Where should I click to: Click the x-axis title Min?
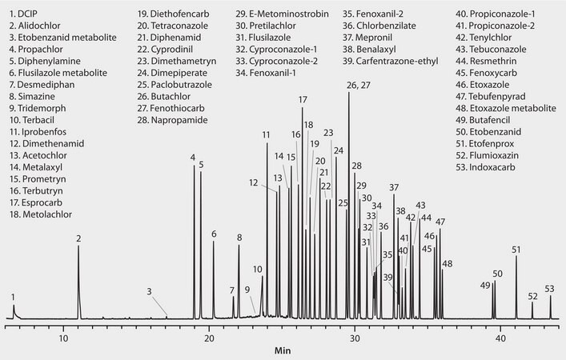[x=283, y=350]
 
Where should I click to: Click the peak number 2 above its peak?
[x=78, y=238]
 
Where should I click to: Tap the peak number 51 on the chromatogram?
[x=516, y=250]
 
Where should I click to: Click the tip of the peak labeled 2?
[x=78, y=246]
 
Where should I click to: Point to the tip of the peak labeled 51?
[x=516, y=257]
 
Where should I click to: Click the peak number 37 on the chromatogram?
[x=394, y=188]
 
